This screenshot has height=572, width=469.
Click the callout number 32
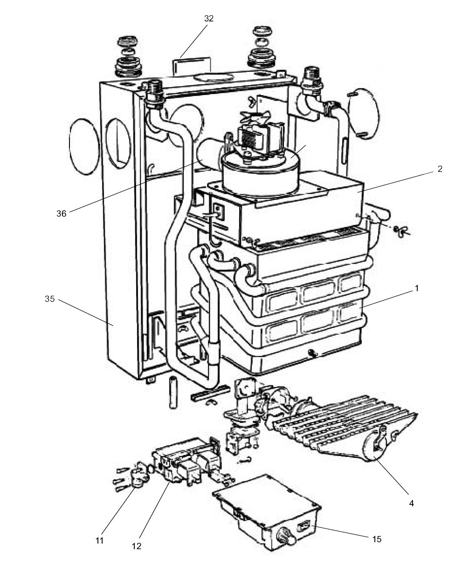coord(209,19)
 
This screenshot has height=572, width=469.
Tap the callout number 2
coord(440,170)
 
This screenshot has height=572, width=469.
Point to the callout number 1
coord(416,288)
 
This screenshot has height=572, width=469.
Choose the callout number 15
coord(377,539)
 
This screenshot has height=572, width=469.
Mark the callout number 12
coord(136,545)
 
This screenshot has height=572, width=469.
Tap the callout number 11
coord(99,540)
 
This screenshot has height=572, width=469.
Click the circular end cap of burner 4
coord(375,447)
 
